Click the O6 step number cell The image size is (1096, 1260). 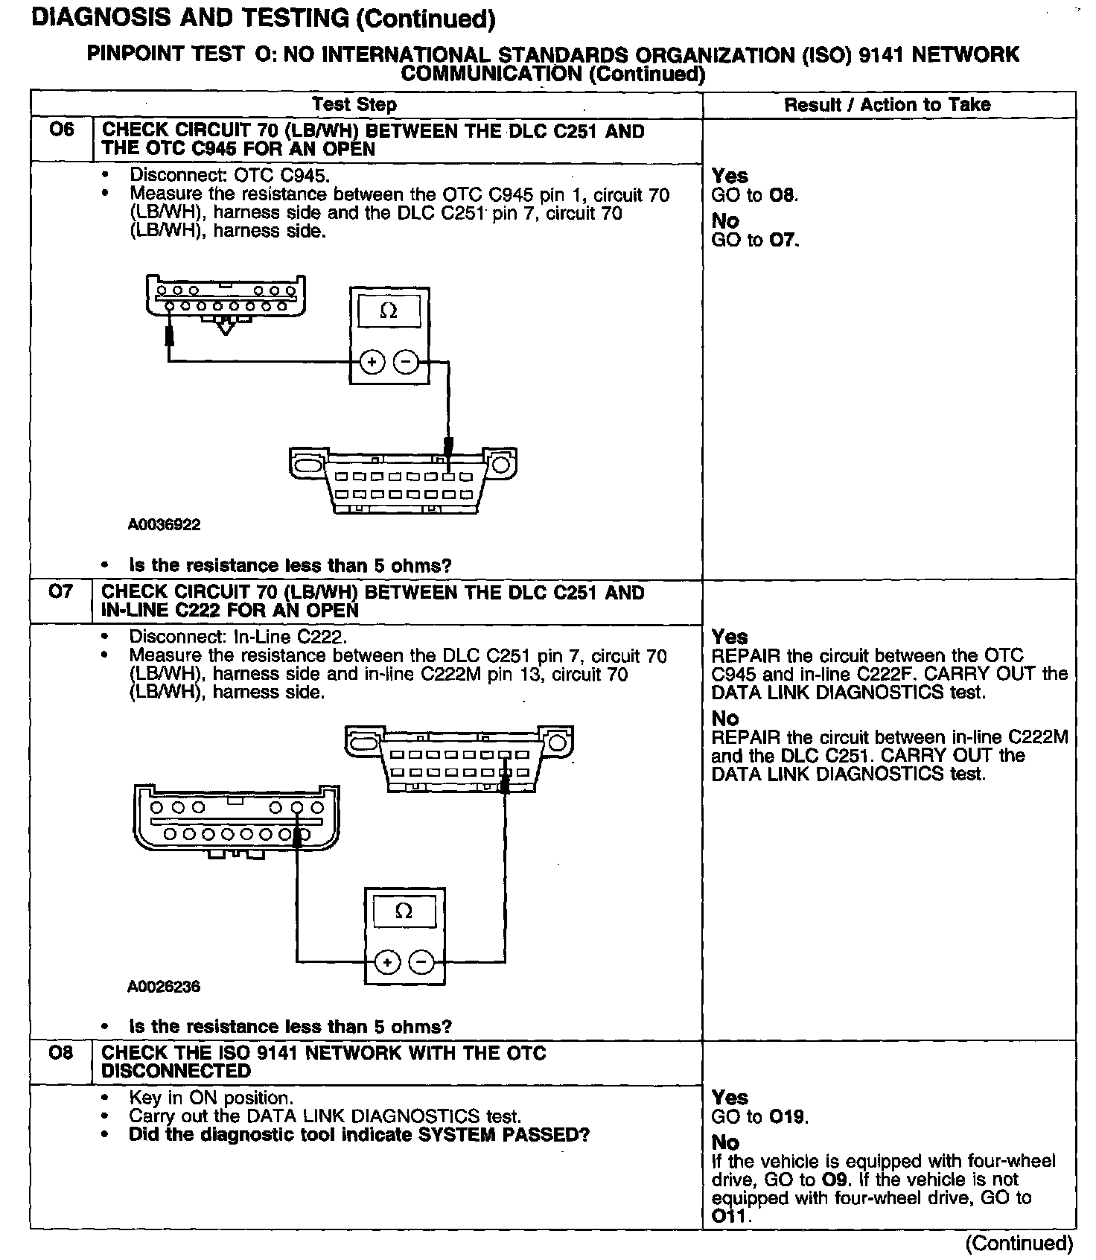(x=62, y=130)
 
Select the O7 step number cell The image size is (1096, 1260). (x=61, y=592)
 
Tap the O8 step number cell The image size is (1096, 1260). (x=61, y=1053)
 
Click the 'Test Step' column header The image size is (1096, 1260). (x=354, y=104)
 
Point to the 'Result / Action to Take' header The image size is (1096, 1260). (x=887, y=104)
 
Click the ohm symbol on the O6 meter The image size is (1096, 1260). (x=389, y=311)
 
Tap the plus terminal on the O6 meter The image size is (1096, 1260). (x=372, y=363)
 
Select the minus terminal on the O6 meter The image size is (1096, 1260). (x=406, y=363)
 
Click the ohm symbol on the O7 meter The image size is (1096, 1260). (x=404, y=911)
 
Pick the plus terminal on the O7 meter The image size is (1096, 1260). (x=387, y=962)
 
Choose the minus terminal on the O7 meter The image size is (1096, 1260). (x=421, y=962)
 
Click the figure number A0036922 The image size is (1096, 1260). (x=164, y=525)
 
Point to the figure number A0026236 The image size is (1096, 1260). (x=164, y=987)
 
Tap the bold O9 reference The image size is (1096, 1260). (x=833, y=1180)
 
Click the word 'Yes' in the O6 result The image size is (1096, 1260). (x=730, y=176)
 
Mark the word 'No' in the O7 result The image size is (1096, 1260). (x=725, y=719)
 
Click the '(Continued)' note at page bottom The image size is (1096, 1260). (x=1019, y=1243)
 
